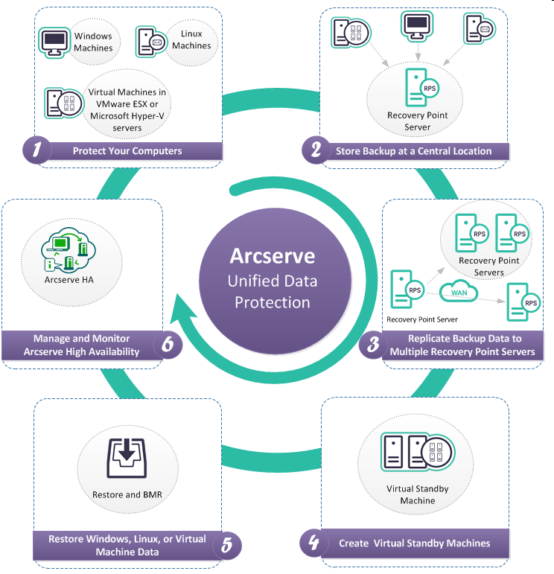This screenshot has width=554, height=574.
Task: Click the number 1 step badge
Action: pyautogui.click(x=36, y=150)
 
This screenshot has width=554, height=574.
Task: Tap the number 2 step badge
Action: pyautogui.click(x=316, y=150)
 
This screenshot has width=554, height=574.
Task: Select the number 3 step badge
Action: pyautogui.click(x=370, y=344)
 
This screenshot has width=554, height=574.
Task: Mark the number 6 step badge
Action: pyautogui.click(x=168, y=344)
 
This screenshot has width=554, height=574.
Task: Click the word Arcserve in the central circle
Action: pyautogui.click(x=272, y=256)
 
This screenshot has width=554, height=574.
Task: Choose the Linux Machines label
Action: pyautogui.click(x=191, y=39)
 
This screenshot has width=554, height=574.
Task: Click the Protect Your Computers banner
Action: pyautogui.click(x=127, y=151)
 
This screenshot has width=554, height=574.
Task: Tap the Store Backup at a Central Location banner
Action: pyautogui.click(x=413, y=151)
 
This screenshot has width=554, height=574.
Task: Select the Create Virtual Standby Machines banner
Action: pyautogui.click(x=414, y=543)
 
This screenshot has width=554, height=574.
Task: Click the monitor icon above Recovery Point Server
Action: pyautogui.click(x=417, y=27)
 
